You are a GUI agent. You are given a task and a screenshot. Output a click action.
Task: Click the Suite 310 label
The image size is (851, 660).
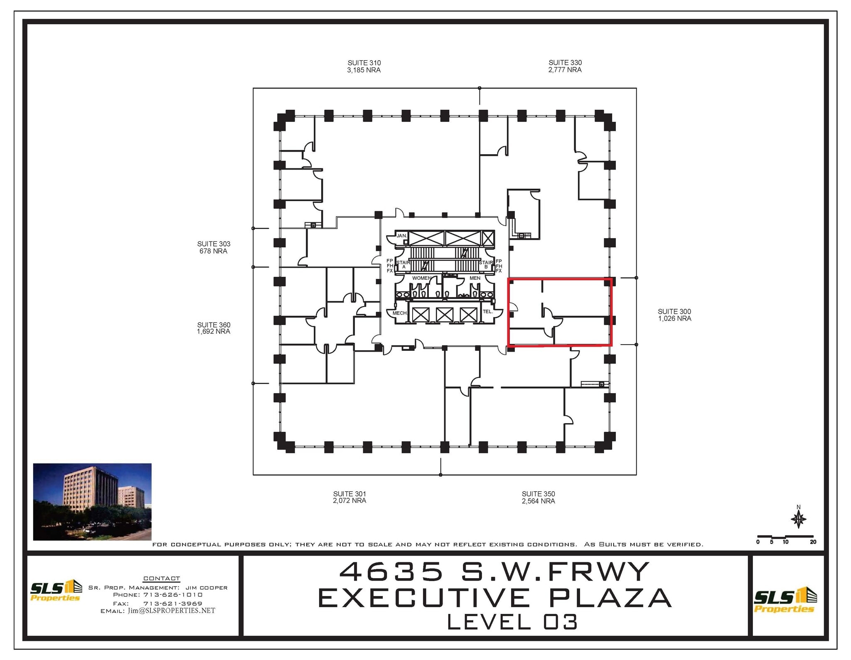[x=364, y=63]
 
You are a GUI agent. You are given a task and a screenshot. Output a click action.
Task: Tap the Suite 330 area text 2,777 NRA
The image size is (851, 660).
[x=565, y=70]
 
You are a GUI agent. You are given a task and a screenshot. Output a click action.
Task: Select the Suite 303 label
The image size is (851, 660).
[x=214, y=244]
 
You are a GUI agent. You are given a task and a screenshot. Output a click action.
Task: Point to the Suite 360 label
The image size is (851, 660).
[x=214, y=325]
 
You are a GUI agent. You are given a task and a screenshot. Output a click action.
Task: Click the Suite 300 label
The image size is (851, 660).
[x=674, y=311]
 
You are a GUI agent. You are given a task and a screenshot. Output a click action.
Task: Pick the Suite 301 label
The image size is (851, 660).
[x=349, y=494]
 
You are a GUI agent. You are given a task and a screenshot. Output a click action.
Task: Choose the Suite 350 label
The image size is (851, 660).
[x=538, y=494]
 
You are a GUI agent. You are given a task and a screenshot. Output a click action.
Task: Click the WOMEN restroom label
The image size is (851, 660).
[x=421, y=278]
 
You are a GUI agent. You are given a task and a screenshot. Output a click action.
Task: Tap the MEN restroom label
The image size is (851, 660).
[x=475, y=278]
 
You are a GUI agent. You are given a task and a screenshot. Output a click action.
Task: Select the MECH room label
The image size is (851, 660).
[x=399, y=313]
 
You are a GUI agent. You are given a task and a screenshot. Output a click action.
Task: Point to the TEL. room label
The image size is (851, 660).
[x=487, y=312]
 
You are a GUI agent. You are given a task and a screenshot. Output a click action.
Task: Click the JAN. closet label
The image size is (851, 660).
[x=401, y=236]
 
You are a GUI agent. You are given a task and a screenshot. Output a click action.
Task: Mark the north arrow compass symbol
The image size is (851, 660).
[x=798, y=519]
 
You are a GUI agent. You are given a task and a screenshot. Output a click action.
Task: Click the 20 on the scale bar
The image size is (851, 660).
[x=813, y=542]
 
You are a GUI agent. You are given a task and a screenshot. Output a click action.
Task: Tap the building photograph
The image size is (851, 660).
[x=92, y=502]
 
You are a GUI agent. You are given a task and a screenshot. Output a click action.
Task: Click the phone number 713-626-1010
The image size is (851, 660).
[x=173, y=595]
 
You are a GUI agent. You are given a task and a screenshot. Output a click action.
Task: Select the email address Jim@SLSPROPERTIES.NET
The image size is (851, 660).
[x=171, y=611]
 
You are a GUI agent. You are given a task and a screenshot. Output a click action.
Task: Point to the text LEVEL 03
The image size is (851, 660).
[x=512, y=622]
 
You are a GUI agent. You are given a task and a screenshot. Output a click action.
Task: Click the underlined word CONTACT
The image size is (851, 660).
[x=162, y=579]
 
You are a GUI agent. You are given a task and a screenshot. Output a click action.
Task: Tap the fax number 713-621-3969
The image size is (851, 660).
[x=173, y=603]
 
